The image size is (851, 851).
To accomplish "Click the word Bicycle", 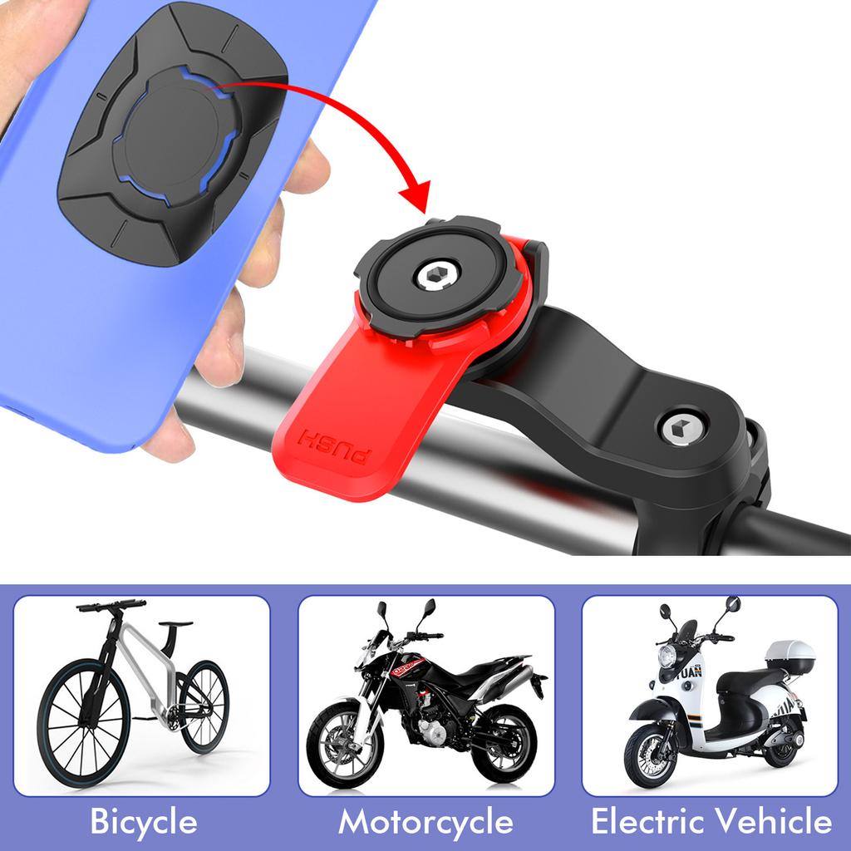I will point(143,822).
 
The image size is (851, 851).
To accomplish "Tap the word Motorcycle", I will point(425,822).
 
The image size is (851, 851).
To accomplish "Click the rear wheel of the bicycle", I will point(204,706).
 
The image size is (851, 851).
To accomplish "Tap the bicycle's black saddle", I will point(176,623).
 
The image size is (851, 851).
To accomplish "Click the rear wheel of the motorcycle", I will point(504,743).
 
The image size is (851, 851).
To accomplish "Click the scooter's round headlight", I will point(667,656).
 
